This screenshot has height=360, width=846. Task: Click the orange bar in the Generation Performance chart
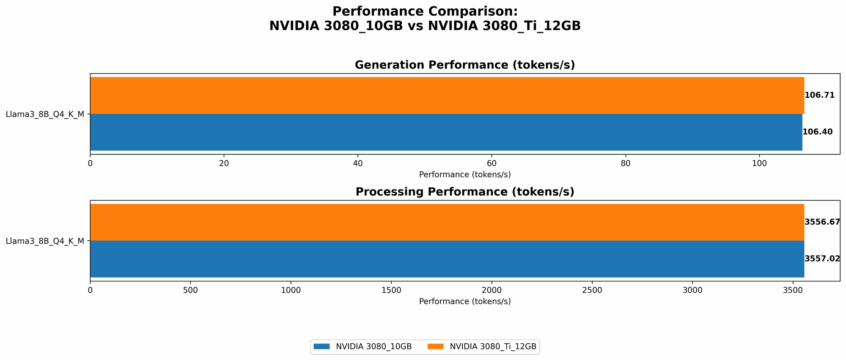click(x=447, y=95)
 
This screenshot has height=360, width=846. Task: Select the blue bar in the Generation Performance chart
click(x=446, y=132)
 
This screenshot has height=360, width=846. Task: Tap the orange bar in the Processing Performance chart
click(x=447, y=222)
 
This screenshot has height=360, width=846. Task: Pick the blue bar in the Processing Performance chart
click(x=447, y=259)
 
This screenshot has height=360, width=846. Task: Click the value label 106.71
click(x=819, y=95)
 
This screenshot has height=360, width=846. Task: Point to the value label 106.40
click(x=817, y=132)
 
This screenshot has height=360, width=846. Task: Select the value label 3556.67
click(x=822, y=222)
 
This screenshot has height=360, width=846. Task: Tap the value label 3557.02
click(x=822, y=259)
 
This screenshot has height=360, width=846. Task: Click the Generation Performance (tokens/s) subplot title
click(x=464, y=65)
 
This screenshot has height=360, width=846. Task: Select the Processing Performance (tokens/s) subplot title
click(x=464, y=192)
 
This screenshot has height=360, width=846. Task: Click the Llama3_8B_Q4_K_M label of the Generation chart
click(x=45, y=114)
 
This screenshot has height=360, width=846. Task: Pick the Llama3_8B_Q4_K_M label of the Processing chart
click(x=45, y=241)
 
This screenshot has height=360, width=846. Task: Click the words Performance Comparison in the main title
click(x=425, y=11)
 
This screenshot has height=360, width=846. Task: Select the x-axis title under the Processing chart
click(x=464, y=302)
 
